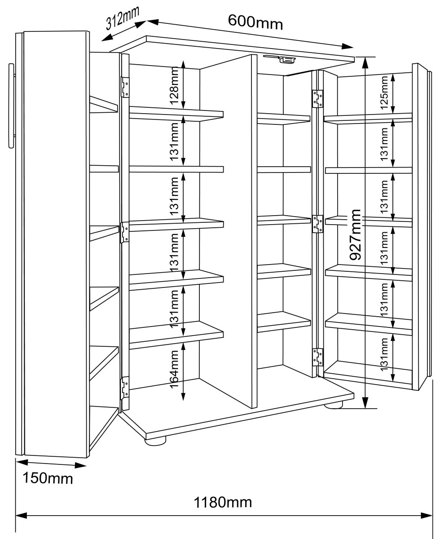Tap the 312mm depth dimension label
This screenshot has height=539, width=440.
tap(122, 18)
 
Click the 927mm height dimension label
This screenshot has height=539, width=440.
tap(355, 235)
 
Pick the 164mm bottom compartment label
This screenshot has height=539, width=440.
tap(174, 370)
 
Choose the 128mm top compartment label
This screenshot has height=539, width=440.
tap(174, 86)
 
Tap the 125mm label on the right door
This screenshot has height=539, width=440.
tap(384, 93)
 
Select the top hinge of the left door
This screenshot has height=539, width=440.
tap(125, 87)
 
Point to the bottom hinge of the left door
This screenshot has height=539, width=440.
tap(124, 388)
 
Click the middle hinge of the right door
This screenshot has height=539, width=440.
tap(317, 224)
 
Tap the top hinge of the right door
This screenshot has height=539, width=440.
tap(317, 99)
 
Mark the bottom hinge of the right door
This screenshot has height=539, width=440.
tap(317, 357)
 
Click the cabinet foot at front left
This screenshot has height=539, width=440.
tap(155, 441)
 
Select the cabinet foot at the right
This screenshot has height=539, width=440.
tap(334, 405)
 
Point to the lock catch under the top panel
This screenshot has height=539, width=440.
tap(280, 58)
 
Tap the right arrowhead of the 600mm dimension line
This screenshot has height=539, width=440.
tap(348, 46)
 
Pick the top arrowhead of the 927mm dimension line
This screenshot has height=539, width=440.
tap(365, 63)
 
